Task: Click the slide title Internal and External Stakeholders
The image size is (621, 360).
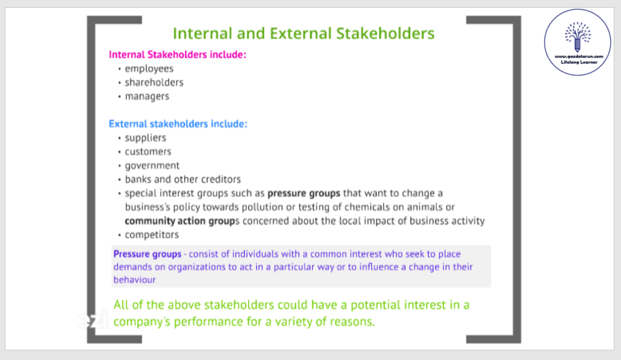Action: (303, 33)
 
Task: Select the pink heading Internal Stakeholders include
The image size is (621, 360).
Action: (178, 55)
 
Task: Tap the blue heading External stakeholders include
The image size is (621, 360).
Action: (178, 124)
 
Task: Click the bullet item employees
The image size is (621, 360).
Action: (149, 69)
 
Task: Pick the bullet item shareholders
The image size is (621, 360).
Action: (154, 82)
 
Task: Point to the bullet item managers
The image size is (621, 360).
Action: (147, 96)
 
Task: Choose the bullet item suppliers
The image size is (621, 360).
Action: (146, 138)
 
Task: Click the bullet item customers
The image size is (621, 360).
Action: (148, 152)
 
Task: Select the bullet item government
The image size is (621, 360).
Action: (152, 166)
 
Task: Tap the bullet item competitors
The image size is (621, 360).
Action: (152, 235)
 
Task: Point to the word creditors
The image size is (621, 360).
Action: (221, 179)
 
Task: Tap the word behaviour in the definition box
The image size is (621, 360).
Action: (134, 279)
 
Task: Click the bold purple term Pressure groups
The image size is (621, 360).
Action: (147, 254)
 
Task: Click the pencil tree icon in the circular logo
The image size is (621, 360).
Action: (577, 36)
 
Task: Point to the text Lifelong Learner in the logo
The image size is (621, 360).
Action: (579, 62)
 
